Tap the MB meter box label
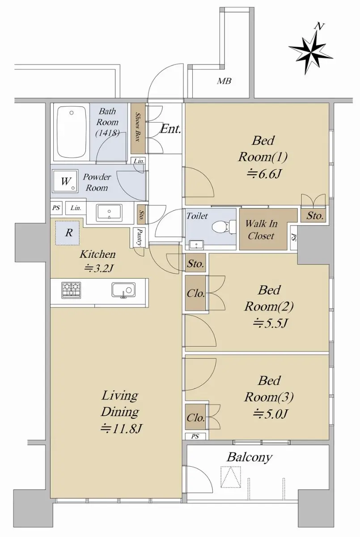(224, 81)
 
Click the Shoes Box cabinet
(138, 128)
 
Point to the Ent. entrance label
(170, 129)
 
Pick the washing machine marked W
(65, 181)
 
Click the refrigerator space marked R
(68, 233)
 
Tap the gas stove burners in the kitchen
(72, 290)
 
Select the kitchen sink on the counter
(123, 290)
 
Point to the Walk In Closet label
(261, 230)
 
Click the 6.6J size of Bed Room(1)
(263, 174)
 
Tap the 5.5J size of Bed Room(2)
(270, 324)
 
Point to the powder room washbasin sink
(109, 213)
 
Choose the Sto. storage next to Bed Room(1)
(315, 216)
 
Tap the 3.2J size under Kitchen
(98, 269)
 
